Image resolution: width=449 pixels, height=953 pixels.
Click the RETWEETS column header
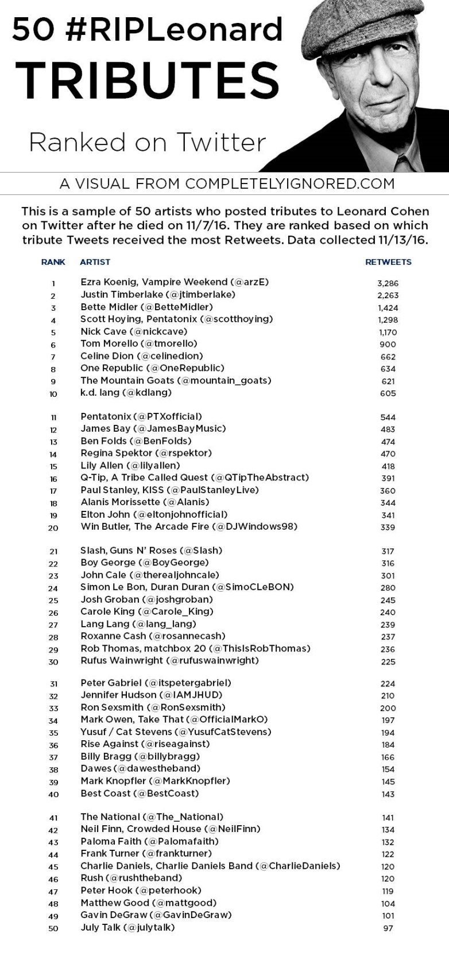(x=388, y=262)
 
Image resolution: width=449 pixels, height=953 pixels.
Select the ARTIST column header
(x=95, y=262)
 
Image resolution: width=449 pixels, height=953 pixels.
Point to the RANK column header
(x=53, y=262)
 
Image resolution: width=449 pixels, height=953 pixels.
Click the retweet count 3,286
(x=388, y=283)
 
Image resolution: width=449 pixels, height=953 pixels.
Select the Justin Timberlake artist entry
(x=158, y=295)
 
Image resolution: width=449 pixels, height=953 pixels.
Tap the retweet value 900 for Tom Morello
(x=388, y=344)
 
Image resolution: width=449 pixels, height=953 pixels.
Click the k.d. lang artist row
(x=126, y=393)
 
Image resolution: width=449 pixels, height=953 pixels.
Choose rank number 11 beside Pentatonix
(x=53, y=417)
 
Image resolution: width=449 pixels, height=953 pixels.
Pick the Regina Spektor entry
(x=146, y=453)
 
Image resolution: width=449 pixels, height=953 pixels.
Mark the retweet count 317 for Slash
(x=388, y=551)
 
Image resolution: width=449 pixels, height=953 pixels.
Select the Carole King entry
(x=146, y=611)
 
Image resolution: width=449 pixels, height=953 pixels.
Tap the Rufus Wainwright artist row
(x=169, y=661)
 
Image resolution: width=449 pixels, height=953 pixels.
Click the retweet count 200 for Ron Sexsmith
(x=388, y=708)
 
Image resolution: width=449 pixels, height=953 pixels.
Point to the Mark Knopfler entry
(x=155, y=781)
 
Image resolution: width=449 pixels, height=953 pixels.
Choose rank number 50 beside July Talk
(x=53, y=928)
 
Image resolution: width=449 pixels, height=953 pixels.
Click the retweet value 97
(x=388, y=928)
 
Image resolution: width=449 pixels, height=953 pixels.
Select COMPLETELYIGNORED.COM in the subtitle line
(x=290, y=183)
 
